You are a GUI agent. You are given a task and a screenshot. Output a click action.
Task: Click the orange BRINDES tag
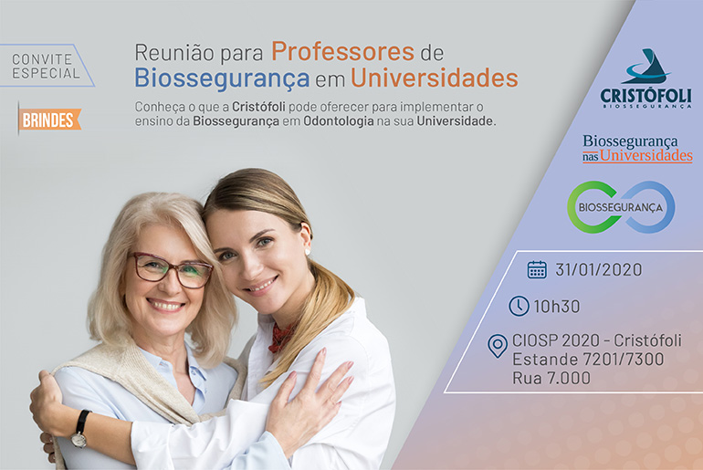49,120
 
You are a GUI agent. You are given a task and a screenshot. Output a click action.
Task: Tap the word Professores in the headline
342,51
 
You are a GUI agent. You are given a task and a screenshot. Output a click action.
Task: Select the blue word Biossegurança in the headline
222,78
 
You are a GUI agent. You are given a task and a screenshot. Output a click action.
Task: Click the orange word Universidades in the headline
434,78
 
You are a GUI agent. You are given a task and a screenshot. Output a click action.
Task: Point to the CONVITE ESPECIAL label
46,66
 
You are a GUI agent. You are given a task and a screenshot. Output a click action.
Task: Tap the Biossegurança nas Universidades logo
637,149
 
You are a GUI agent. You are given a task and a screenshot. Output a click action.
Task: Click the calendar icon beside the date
537,270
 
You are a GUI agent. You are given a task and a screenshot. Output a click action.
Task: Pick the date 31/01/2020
599,270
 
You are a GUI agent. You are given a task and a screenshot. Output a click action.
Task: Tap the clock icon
519,306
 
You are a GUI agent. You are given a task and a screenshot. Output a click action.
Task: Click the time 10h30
556,307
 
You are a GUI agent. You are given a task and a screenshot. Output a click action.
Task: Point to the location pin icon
498,346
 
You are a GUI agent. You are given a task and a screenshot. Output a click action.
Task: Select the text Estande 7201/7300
588,359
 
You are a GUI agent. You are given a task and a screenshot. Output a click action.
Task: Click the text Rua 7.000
551,378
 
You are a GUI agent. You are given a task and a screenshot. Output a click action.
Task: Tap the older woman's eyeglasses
171,270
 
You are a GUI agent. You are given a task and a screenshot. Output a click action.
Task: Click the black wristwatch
79,429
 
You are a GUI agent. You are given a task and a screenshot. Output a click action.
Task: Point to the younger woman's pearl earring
308,252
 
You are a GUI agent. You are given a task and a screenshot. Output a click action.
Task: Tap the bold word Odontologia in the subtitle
339,121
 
